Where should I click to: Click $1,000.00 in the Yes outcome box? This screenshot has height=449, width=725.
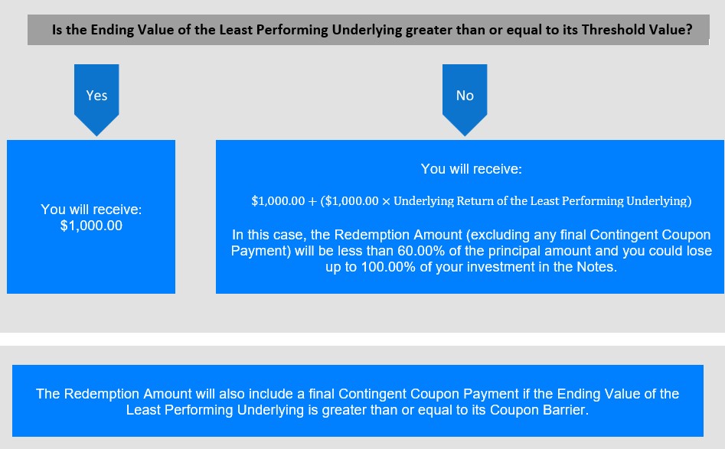point(91,226)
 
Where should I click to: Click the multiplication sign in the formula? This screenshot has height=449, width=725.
point(386,201)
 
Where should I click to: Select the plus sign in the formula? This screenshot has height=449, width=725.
point(312,201)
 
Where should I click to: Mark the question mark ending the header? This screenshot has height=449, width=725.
point(688,30)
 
